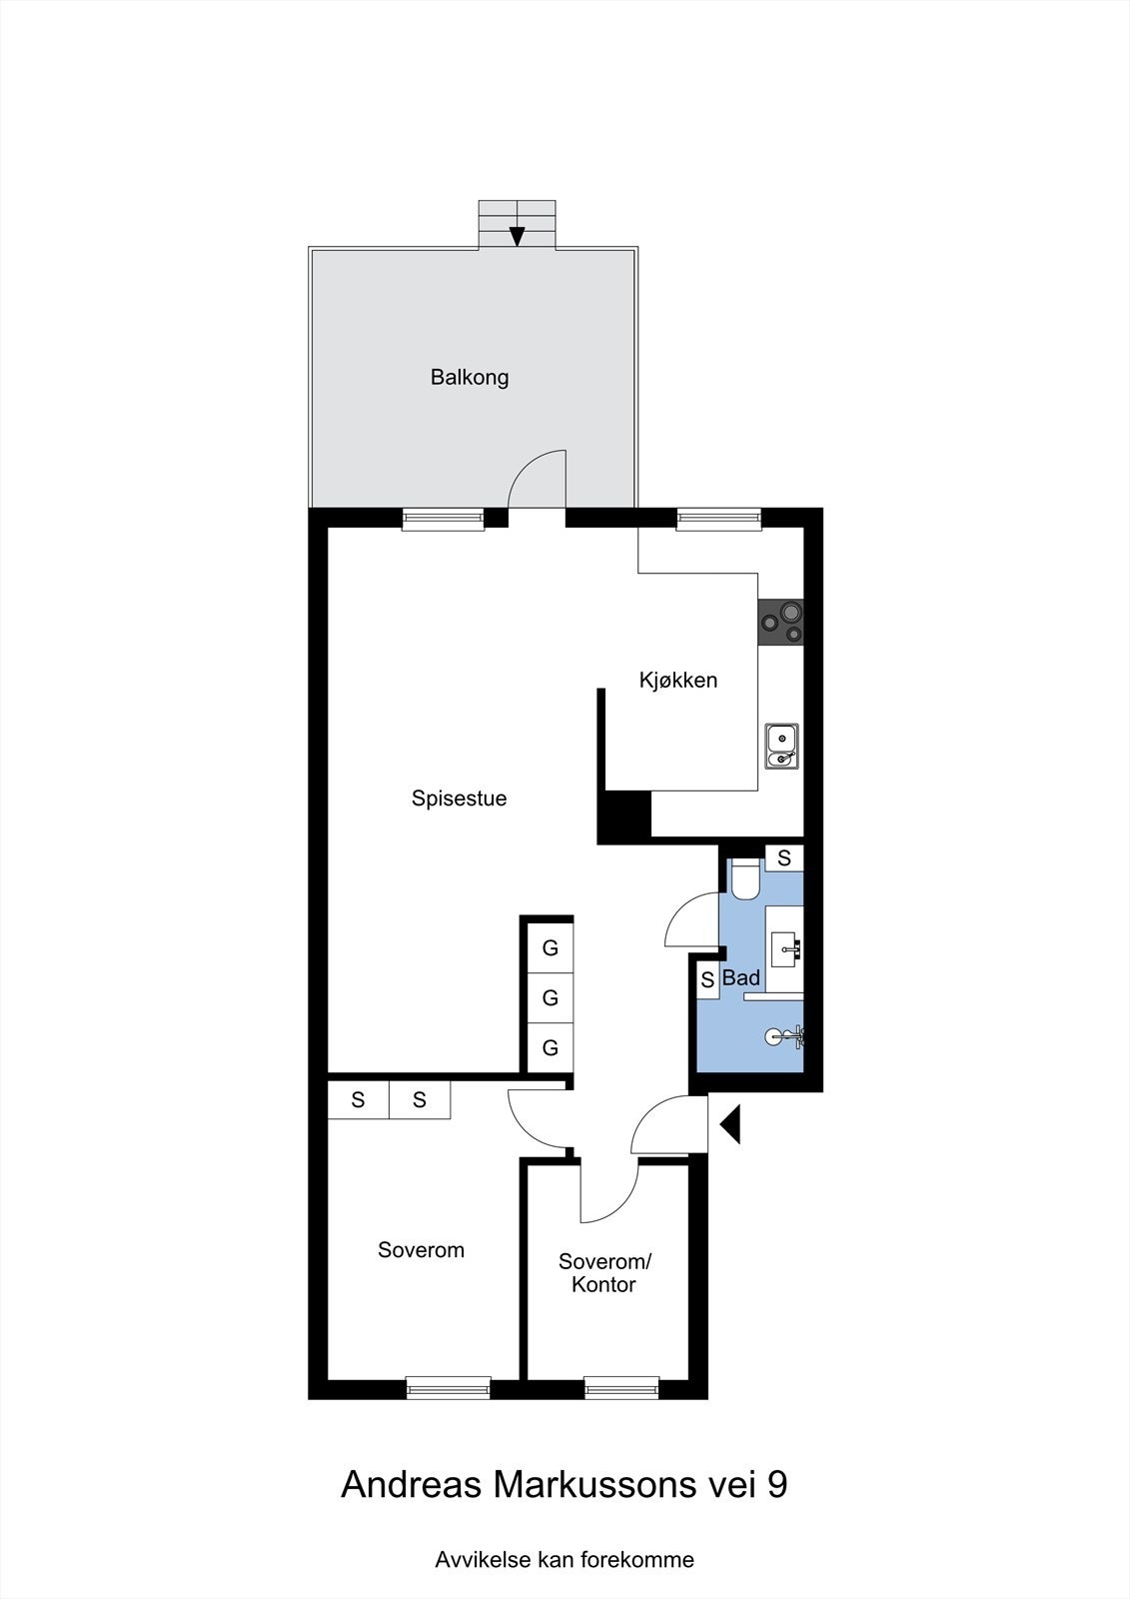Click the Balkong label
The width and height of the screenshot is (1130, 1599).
click(470, 378)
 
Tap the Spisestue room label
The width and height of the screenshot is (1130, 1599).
click(459, 799)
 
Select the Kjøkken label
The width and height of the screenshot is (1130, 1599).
click(678, 681)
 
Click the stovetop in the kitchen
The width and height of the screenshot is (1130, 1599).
click(780, 622)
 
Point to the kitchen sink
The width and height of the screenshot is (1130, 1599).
click(780, 747)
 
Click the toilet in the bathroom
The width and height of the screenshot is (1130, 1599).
click(744, 878)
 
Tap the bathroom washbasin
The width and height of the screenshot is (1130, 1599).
click(785, 947)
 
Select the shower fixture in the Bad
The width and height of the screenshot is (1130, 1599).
click(785, 1036)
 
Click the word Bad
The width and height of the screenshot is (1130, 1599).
click(741, 978)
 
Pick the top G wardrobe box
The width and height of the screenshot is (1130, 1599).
click(550, 947)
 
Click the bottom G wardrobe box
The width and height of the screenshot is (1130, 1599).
click(550, 1048)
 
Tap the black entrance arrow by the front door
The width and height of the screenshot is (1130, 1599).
click(730, 1124)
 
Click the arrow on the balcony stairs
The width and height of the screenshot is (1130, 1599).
click(517, 234)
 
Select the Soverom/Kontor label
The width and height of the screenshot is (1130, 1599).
click(604, 1273)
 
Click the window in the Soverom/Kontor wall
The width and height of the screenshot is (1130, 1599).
click(621, 1387)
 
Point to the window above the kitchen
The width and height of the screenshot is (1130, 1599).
click(718, 519)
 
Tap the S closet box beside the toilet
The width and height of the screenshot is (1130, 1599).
click(784, 857)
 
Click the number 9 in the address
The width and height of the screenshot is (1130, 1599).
click(776, 1485)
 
